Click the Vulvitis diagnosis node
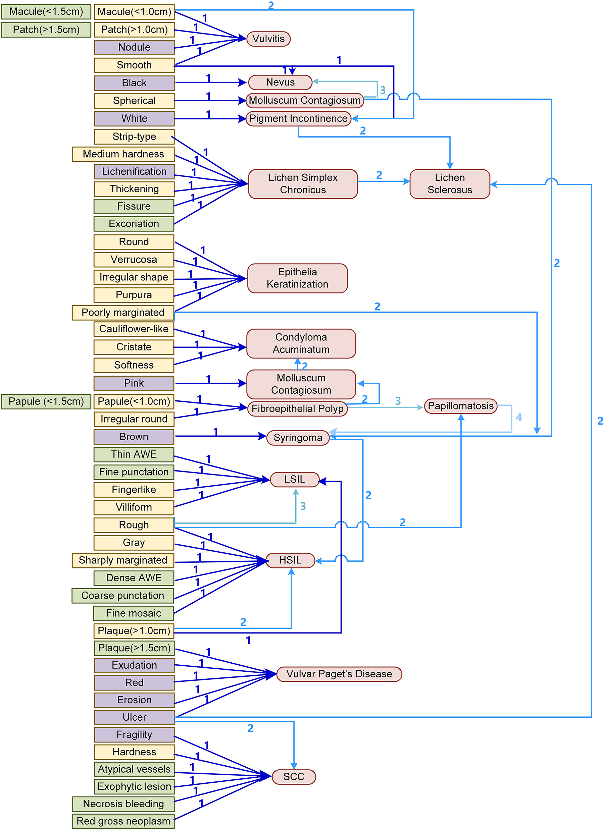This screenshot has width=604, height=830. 268,39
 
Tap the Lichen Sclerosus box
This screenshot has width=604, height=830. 449,184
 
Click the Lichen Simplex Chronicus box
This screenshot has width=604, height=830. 303,184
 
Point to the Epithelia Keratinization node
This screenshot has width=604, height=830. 297,278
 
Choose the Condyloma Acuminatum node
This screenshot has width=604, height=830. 301,343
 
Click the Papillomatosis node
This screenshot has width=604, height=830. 460,406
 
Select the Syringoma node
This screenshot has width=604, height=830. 298,438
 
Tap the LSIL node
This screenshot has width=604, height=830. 295,480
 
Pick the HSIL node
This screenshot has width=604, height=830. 290,560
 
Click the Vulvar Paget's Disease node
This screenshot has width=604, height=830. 339,674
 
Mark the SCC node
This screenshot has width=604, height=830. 294,777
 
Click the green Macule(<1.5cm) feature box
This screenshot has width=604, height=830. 46,12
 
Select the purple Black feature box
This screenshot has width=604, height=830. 134,83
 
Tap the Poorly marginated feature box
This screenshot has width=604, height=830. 123,313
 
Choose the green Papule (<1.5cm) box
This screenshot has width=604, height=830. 46,401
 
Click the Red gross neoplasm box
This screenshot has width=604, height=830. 123,821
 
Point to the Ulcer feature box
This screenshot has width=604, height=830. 134,717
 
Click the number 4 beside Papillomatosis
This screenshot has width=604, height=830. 519,417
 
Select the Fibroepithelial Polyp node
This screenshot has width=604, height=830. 297,409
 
